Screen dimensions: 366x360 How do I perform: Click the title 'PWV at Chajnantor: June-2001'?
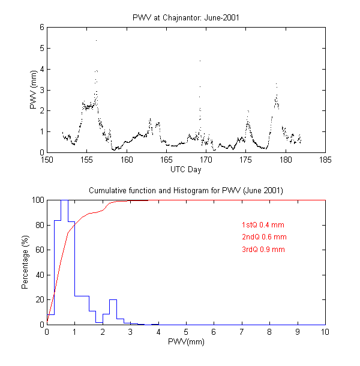(185, 16)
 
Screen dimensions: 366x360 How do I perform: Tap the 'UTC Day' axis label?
(185, 170)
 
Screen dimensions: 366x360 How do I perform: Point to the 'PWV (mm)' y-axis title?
(34, 90)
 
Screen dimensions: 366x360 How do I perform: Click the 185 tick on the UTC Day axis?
(325, 160)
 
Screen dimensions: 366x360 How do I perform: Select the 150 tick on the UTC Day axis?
(47, 160)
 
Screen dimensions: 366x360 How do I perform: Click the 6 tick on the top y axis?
(41, 28)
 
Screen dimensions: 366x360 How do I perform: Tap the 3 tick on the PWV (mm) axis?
(41, 90)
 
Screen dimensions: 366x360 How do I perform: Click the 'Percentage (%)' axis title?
(25, 262)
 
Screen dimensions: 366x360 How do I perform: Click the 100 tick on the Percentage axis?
(37, 200)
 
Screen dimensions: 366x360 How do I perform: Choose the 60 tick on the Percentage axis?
(39, 250)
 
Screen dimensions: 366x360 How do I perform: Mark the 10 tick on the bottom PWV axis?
(325, 332)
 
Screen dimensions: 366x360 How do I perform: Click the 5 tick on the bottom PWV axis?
(186, 332)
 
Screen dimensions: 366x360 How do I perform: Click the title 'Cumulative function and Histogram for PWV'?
(185, 190)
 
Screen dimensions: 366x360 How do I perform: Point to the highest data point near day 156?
(96, 40)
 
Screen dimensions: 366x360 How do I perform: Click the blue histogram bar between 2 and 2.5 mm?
(113, 312)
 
